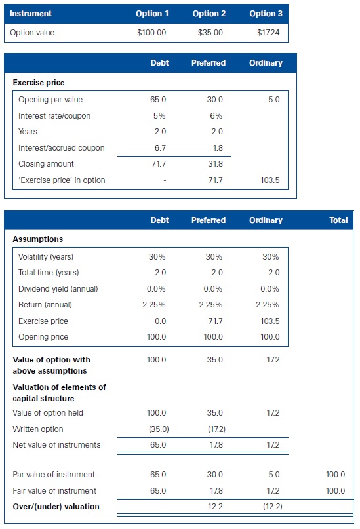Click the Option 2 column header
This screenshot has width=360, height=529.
(x=209, y=14)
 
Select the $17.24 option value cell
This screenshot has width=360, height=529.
(x=266, y=32)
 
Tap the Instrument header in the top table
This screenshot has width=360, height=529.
(x=31, y=14)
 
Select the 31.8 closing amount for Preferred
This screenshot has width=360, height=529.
(x=214, y=164)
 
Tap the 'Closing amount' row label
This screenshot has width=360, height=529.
(x=46, y=164)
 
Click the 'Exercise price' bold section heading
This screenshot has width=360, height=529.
(x=38, y=83)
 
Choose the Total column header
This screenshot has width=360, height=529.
(x=338, y=220)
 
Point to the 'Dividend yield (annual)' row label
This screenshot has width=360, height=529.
(x=58, y=288)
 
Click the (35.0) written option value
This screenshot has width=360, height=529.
(x=157, y=429)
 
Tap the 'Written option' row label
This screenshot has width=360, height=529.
(x=38, y=429)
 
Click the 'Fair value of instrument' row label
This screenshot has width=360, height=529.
(x=54, y=490)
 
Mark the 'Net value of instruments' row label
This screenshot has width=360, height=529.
(x=56, y=445)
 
